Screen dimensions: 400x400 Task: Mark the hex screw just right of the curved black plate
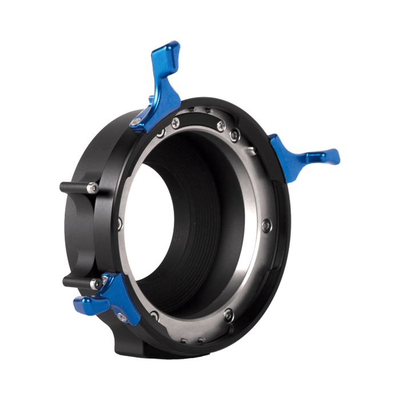pyautogui.click(x=234, y=135)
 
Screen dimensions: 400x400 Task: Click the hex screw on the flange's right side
pyautogui.click(x=266, y=226)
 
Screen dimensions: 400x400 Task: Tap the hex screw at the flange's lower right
pyautogui.click(x=228, y=313)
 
